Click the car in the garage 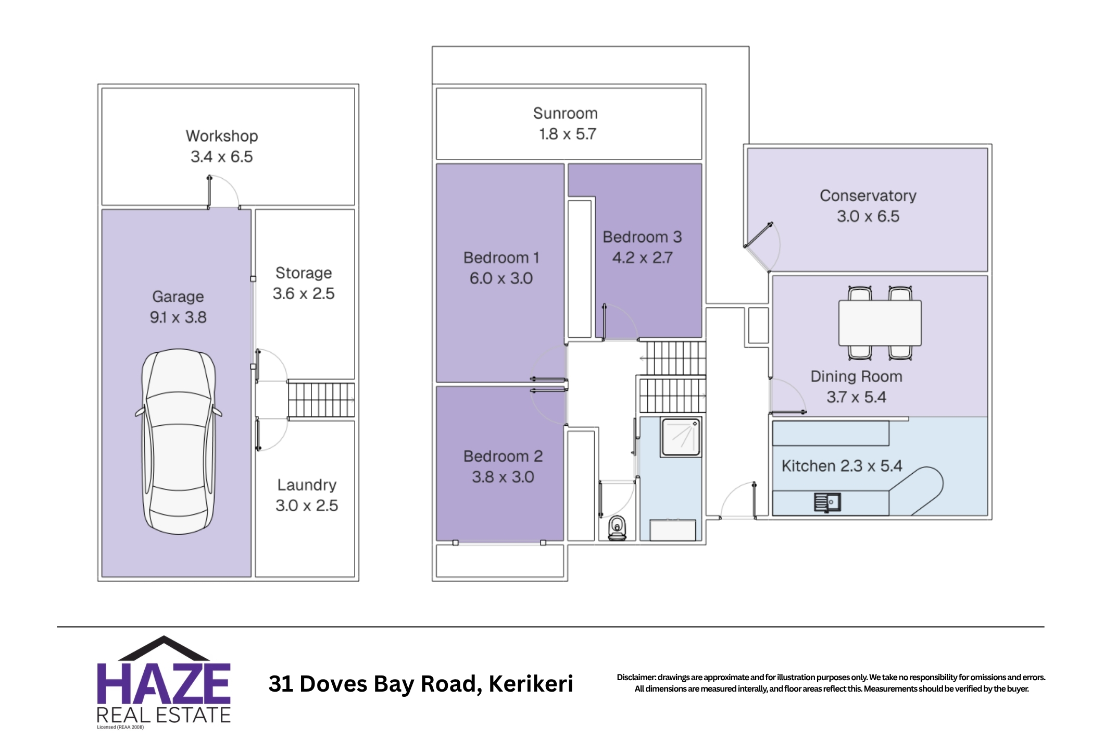point(178,441)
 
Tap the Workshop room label point(222,136)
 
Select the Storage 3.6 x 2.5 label point(304,283)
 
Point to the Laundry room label point(307,485)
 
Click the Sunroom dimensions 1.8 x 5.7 point(567,134)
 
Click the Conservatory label point(868,195)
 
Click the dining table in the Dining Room point(880,323)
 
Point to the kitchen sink point(827,502)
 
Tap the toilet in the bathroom point(617,528)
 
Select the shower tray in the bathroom point(681,437)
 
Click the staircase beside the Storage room point(321,400)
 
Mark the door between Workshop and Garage point(223,192)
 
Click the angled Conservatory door point(759,235)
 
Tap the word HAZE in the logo point(164,683)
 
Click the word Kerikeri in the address point(531,684)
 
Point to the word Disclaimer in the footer point(636,677)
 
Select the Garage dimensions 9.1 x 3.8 point(178,317)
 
